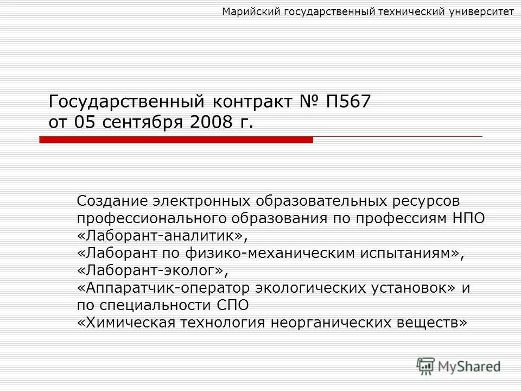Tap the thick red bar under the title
pyautogui.click(x=176, y=140)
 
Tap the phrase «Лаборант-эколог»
pyautogui.click(x=150, y=270)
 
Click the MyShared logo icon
pyautogui.click(x=426, y=367)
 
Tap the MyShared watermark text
pyautogui.click(x=469, y=367)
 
